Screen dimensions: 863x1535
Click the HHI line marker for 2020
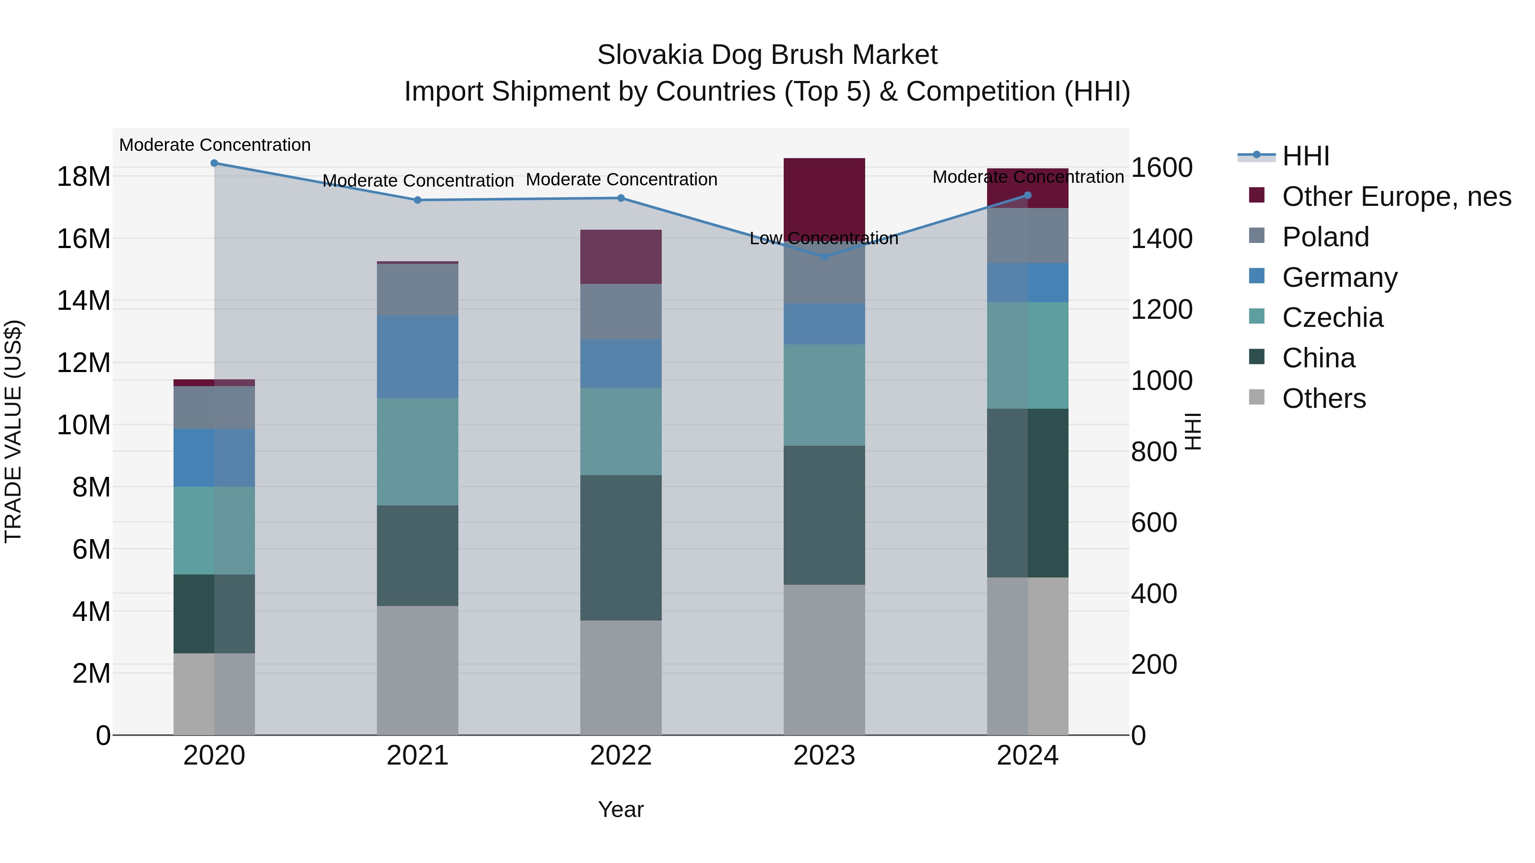pos(214,163)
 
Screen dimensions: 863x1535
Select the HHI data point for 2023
pos(824,257)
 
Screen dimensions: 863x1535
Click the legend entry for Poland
pos(1325,237)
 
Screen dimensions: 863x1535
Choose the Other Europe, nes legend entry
pos(1396,196)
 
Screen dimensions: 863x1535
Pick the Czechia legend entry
pos(1332,317)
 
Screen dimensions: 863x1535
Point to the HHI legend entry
pos(1306,156)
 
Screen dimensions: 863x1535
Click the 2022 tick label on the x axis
pos(620,756)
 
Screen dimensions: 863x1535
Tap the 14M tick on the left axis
pos(84,301)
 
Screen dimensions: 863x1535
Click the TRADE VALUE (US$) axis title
pos(13,431)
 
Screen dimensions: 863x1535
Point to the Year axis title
pos(620,809)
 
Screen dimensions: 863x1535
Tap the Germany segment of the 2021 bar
pos(417,357)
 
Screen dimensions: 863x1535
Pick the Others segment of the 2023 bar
pos(824,659)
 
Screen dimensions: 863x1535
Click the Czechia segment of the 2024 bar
pos(1027,355)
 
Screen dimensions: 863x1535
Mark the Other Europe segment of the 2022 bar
pos(620,257)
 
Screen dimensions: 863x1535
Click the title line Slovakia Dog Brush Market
pos(767,55)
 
